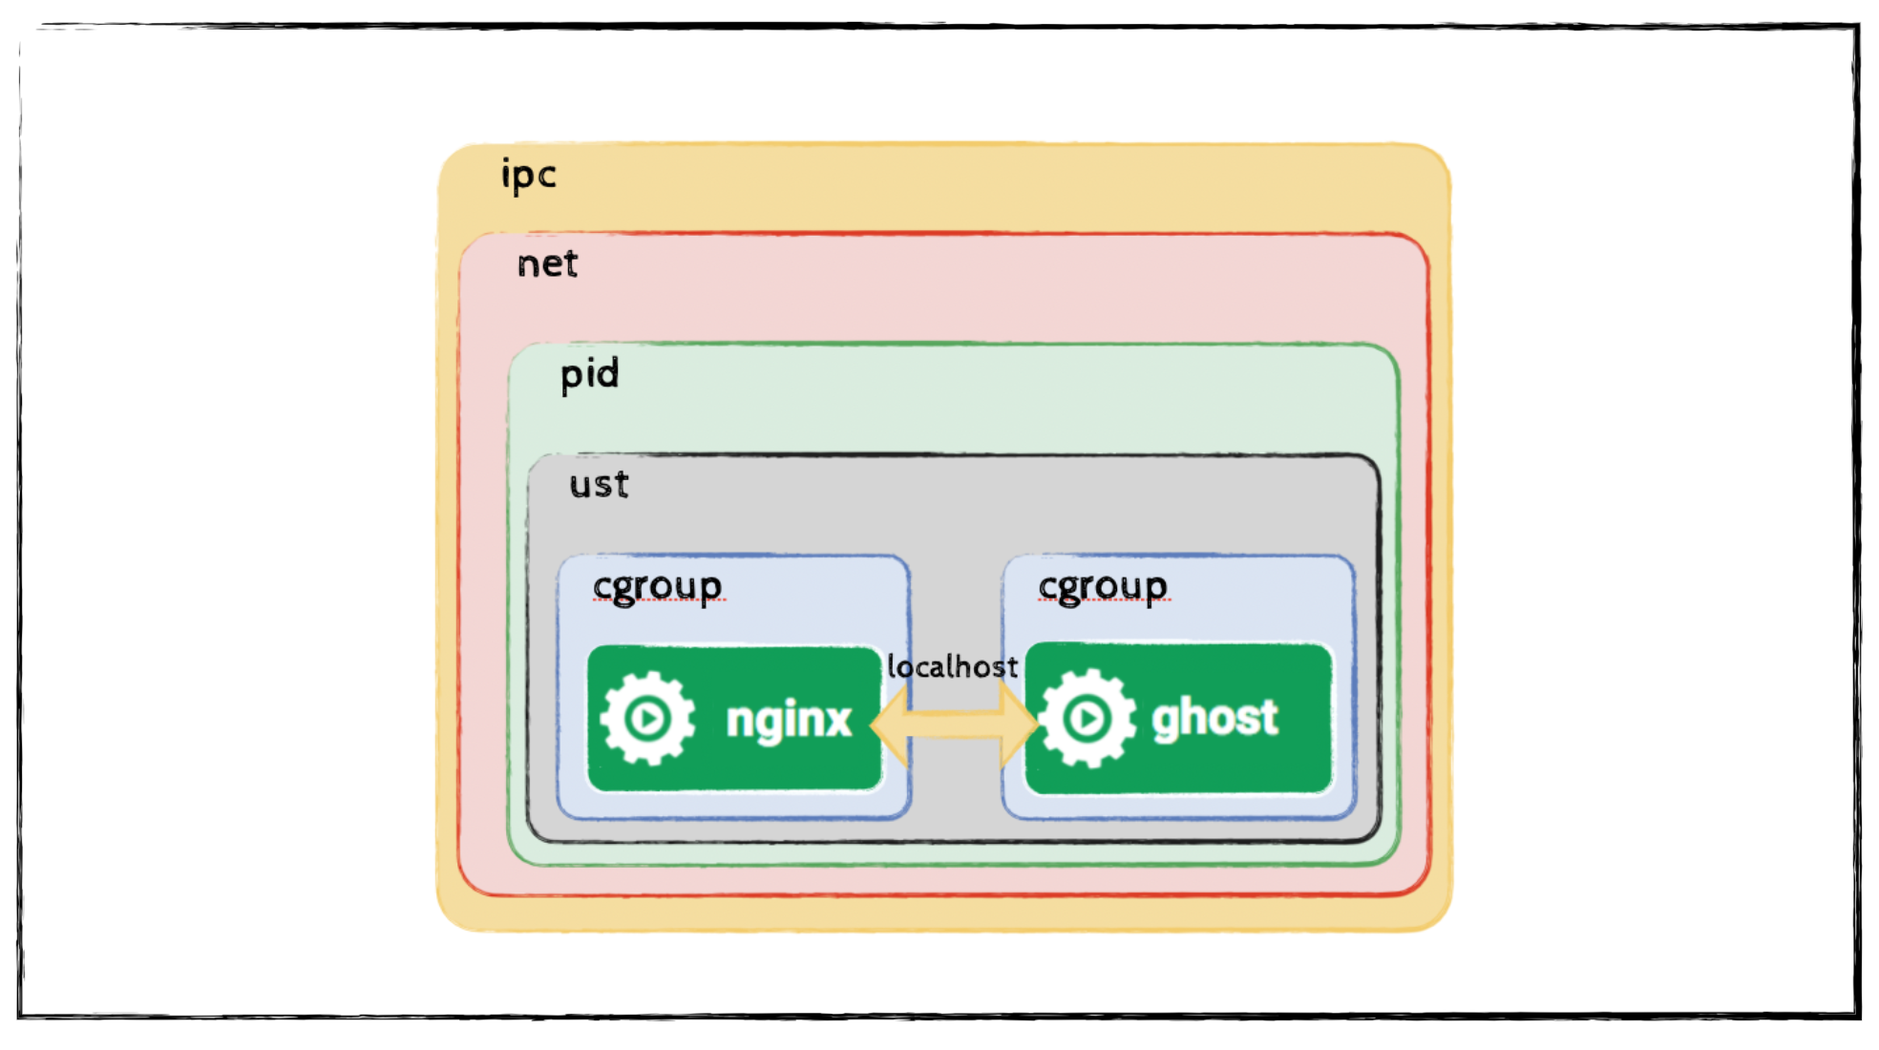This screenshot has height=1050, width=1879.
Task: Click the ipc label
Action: pos(528,176)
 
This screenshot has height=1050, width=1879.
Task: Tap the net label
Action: pos(547,264)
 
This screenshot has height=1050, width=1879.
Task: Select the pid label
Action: pos(589,373)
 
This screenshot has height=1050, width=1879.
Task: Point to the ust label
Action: pos(599,485)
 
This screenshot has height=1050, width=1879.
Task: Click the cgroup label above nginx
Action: pos(657,587)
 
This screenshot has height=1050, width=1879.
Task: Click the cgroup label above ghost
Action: pos(1103,587)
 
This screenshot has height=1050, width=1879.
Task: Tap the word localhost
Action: pos(952,666)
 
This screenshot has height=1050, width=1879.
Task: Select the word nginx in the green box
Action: pos(788,720)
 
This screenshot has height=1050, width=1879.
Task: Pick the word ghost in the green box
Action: pos(1214,718)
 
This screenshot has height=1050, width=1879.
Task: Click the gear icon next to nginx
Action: pos(648,719)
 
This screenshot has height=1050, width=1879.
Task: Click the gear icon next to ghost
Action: pos(1087,718)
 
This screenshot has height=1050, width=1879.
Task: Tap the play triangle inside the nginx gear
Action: pos(650,719)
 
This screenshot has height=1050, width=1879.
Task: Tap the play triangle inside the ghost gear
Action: pos(1087,718)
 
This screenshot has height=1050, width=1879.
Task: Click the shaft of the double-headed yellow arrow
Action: pos(953,725)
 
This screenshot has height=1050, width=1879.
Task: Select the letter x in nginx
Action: pos(837,720)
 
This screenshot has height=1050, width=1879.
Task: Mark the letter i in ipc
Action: pos(506,176)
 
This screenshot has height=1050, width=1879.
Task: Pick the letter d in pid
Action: pos(609,371)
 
